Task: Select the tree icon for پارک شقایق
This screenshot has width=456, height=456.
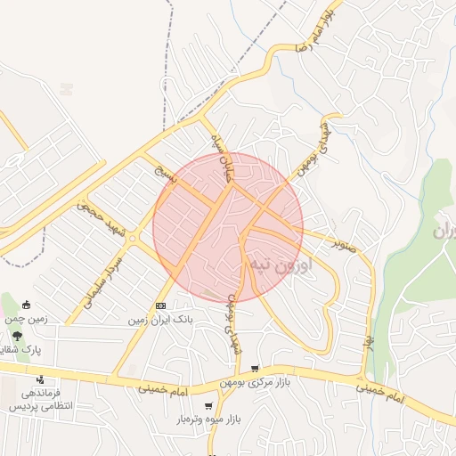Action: click(18, 336)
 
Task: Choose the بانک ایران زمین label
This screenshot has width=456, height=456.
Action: click(160, 318)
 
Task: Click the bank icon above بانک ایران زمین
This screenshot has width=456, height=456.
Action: click(160, 305)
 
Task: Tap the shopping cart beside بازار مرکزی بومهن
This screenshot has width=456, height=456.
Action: click(256, 368)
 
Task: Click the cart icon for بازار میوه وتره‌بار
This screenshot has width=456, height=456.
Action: click(208, 405)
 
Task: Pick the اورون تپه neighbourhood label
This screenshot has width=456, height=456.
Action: click(281, 265)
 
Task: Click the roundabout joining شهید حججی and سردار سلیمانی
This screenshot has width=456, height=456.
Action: click(132, 238)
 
